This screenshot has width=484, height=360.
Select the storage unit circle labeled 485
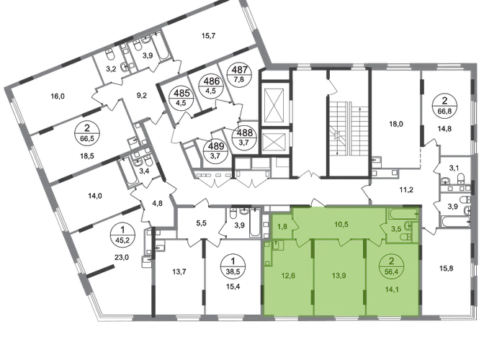181,96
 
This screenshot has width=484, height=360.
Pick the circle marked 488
244,136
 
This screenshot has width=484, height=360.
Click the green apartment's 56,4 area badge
392,266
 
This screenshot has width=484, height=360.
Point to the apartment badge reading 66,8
444,105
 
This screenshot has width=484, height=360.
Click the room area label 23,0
121,257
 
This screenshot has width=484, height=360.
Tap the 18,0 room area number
396,125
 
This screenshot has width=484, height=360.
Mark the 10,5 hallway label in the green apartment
341,224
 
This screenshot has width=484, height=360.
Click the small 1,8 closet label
282,226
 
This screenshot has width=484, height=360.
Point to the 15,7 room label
208,36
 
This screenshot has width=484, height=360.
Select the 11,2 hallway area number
406,189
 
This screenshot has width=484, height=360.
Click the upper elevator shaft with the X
274,104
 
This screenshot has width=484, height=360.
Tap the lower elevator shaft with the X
274,143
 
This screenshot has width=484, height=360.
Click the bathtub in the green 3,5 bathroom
403,213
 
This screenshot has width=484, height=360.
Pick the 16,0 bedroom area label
58,96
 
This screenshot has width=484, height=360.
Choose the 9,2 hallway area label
142,96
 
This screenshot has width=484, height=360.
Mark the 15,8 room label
447,269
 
